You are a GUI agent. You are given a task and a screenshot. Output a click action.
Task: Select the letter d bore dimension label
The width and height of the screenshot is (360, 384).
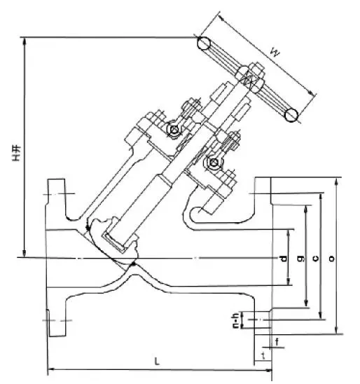coord(283,259)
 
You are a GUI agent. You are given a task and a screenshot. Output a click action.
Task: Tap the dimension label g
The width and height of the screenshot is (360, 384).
coord(300,259)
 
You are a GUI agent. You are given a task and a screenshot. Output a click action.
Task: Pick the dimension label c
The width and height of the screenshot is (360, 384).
coord(315,259)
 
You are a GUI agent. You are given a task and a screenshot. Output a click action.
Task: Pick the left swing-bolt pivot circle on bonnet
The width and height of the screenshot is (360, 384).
coord(173,131)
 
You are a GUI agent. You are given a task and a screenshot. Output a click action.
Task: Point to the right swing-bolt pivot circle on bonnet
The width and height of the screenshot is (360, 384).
coord(213,164)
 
